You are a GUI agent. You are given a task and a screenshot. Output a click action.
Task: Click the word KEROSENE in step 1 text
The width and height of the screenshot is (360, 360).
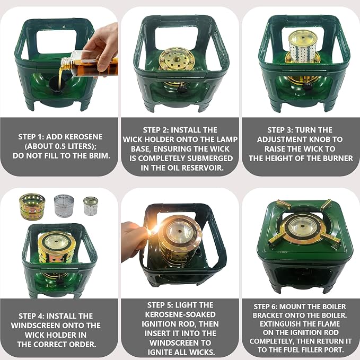tap(84, 137)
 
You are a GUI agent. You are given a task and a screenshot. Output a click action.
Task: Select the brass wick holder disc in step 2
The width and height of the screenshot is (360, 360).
tap(177, 60)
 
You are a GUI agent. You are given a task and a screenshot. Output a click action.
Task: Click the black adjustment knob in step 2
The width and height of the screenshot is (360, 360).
tap(182, 89)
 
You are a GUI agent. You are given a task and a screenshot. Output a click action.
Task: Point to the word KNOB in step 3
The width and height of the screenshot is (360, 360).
tap(318, 139)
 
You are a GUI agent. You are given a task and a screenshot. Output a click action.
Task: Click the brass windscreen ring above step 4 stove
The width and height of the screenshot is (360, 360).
tap(32, 206)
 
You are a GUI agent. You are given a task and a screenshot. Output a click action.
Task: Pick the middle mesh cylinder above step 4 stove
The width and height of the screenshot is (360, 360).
tap(64, 206)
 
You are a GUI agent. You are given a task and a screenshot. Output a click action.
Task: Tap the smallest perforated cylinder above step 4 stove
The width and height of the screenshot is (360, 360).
tap(91, 206)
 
